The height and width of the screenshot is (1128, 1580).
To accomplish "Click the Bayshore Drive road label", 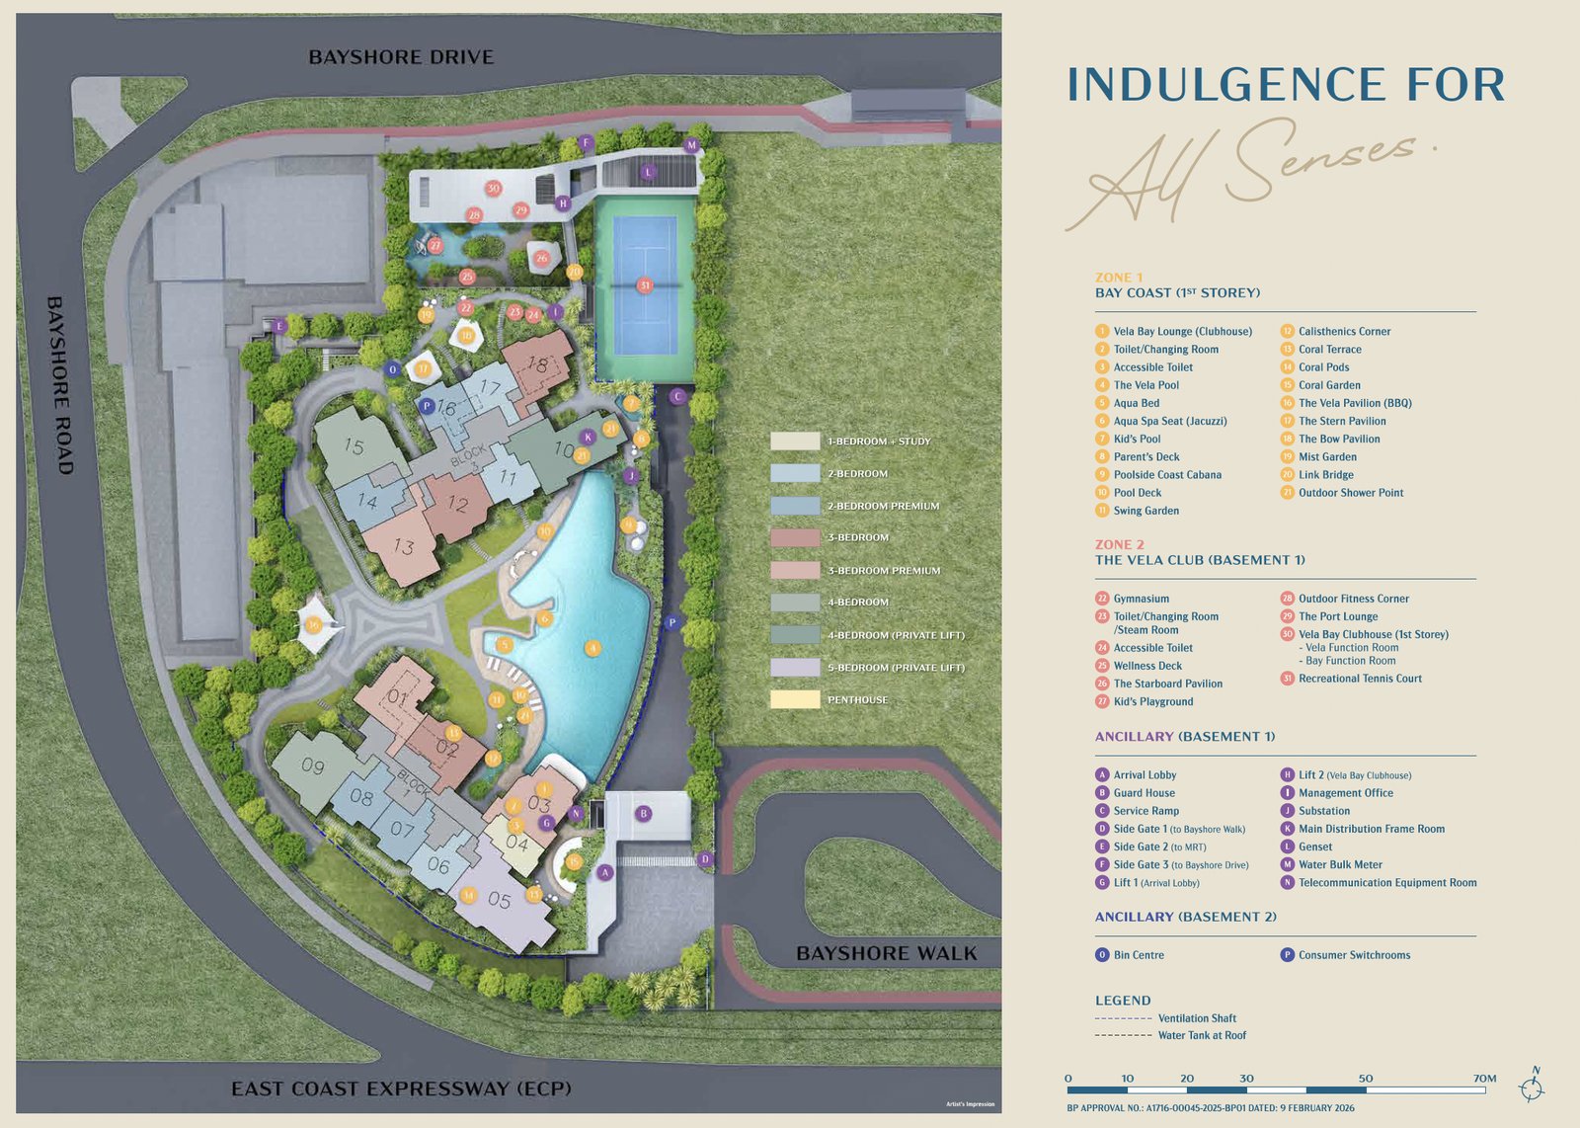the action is click(x=401, y=57).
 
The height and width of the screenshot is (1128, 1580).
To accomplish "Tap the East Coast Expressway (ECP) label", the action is click(x=401, y=1088).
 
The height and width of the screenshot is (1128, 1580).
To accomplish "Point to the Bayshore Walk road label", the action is click(x=886, y=953).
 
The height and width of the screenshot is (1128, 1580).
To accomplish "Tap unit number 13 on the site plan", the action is click(x=403, y=546).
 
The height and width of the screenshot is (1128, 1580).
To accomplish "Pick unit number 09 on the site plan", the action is click(x=313, y=765).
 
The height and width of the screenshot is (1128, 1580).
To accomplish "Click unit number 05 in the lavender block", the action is click(x=499, y=900).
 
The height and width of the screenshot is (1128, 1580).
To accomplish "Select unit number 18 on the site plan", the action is click(x=537, y=363).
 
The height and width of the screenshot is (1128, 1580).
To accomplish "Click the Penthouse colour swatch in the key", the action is click(x=795, y=699).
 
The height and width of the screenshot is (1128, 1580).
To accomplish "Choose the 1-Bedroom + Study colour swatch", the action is click(x=795, y=441).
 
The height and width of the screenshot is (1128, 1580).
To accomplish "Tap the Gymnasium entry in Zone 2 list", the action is click(x=1141, y=599).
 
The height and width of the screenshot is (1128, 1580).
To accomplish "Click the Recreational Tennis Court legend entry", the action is click(x=1360, y=679).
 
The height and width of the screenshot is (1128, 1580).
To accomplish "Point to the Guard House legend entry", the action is click(x=1144, y=793).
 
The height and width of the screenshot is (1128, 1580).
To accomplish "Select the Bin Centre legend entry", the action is click(x=1138, y=955).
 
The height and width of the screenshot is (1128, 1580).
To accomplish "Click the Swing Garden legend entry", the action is click(x=1145, y=511).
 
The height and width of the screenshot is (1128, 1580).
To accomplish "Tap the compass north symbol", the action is click(x=1533, y=1087).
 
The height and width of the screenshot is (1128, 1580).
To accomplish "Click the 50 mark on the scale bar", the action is click(x=1366, y=1079).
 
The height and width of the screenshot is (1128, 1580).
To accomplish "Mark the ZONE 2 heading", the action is click(x=1119, y=544).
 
